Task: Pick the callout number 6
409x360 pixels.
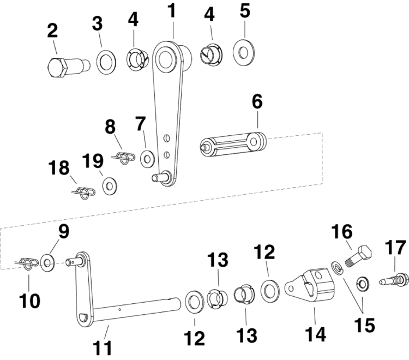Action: click(257, 101)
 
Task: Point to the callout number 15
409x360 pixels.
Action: click(364, 325)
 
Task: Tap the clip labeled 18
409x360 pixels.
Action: click(82, 193)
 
